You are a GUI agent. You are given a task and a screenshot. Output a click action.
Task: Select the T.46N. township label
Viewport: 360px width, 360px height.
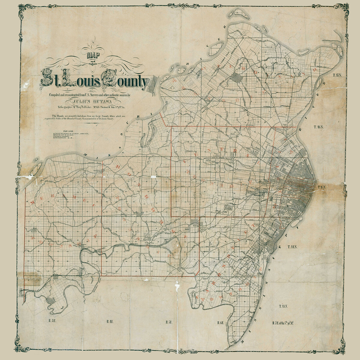click(x=319, y=127)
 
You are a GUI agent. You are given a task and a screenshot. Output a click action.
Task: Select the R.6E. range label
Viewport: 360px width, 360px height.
click(x=221, y=323)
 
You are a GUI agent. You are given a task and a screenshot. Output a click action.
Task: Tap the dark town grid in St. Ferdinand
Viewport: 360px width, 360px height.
click(x=239, y=79)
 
